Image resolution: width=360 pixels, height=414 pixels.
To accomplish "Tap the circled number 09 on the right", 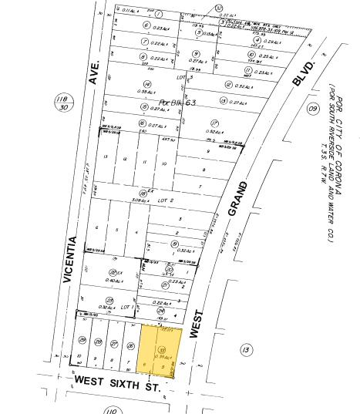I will tap(313, 109).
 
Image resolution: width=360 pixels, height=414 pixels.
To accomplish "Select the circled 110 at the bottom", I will tap(113, 411).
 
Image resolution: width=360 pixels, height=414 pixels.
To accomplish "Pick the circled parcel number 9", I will tap(193, 53).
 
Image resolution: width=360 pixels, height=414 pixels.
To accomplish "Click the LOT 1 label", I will tap(129, 305).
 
